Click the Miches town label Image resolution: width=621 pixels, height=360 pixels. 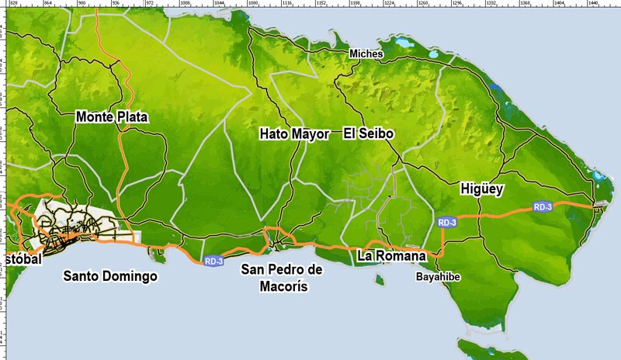click(x=366, y=54)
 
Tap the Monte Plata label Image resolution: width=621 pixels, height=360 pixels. click(x=112, y=117)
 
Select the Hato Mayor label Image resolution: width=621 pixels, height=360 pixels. click(x=294, y=134)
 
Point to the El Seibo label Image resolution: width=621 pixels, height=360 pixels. click(x=369, y=134)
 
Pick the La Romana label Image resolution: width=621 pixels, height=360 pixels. click(x=392, y=255)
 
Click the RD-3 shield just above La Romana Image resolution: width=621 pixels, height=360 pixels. click(x=447, y=223)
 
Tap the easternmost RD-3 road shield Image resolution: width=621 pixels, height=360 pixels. click(x=543, y=206)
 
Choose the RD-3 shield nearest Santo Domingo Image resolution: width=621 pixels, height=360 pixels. click(x=214, y=261)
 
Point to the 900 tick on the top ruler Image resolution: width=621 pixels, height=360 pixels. click(x=82, y=4)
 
